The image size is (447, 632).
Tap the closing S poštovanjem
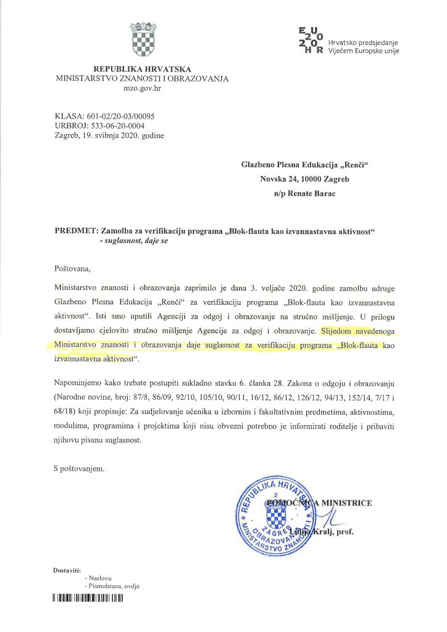(80, 468)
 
